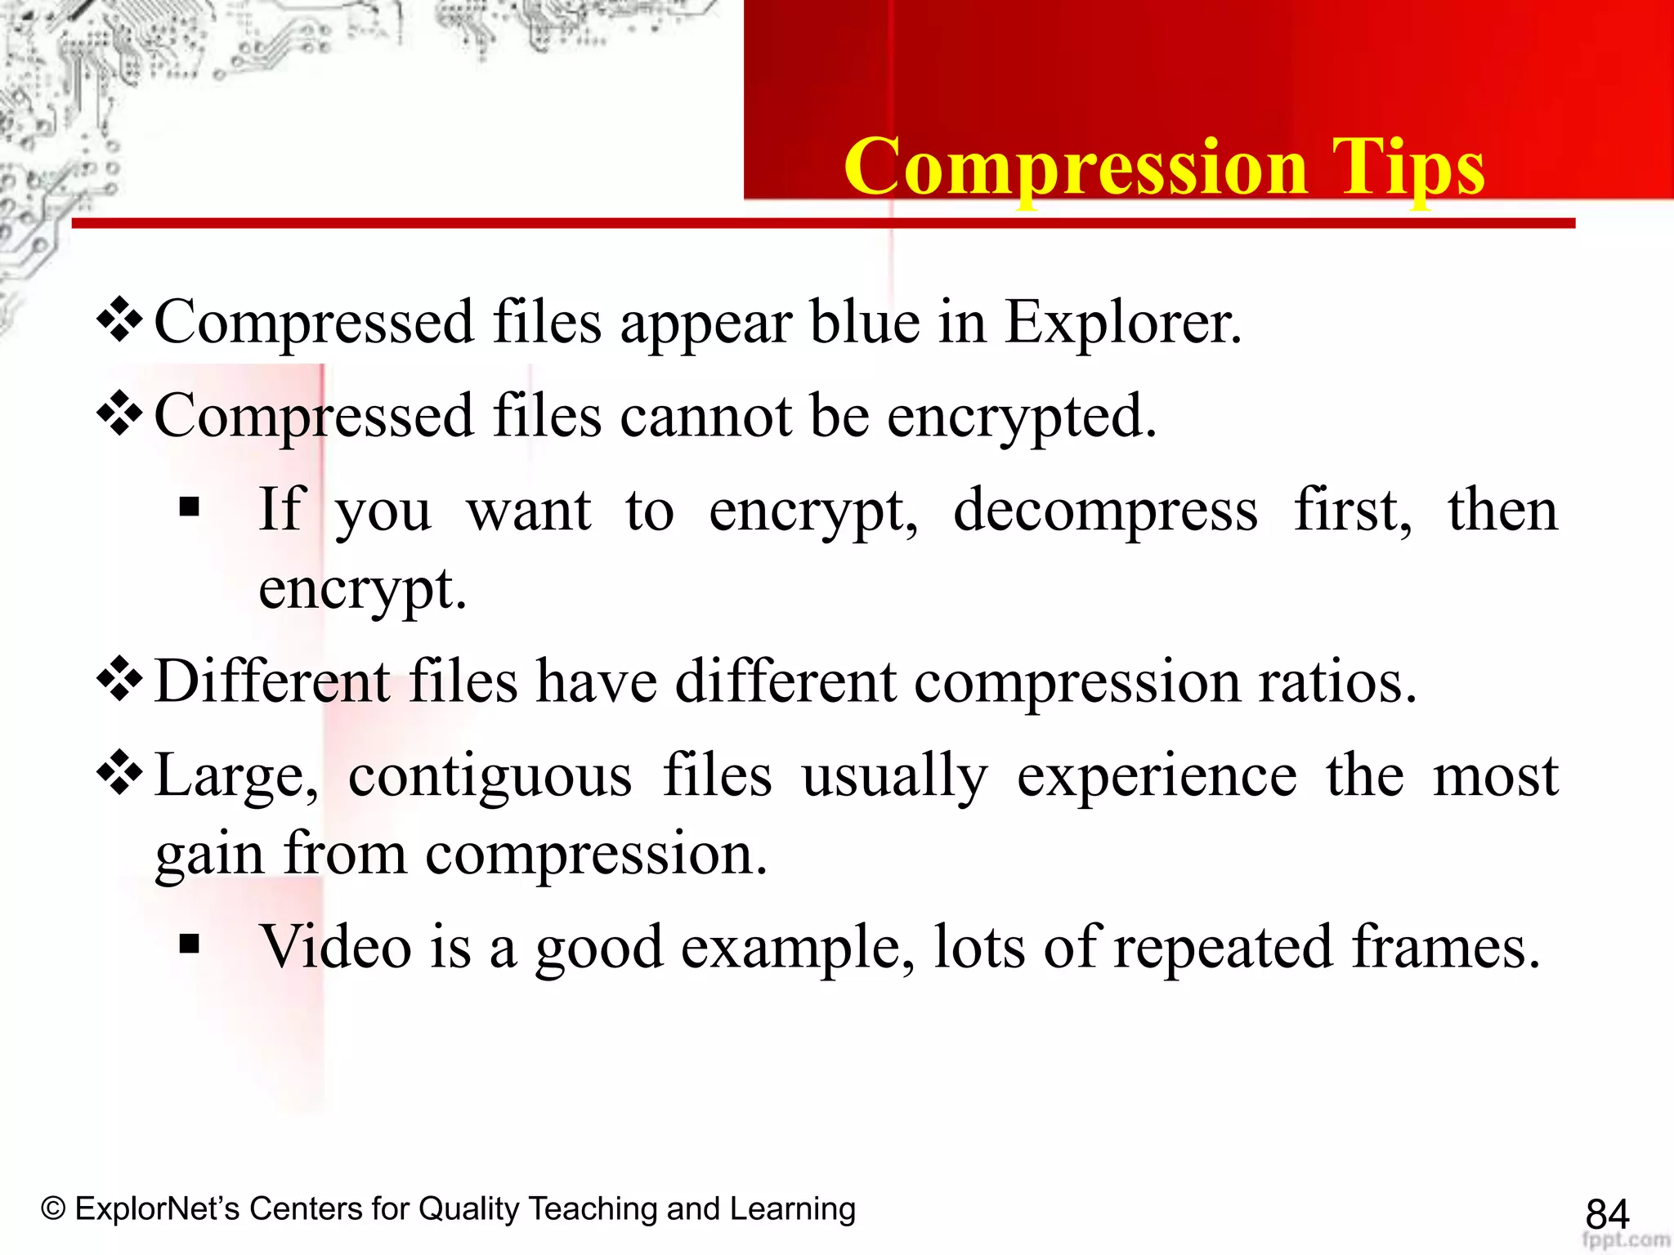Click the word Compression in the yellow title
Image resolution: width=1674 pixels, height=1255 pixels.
1076,167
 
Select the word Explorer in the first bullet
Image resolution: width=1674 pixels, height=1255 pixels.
1122,322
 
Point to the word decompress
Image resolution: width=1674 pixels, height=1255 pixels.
1105,511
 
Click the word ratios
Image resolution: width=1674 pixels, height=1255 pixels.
1336,681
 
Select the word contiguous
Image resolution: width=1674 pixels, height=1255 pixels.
490,775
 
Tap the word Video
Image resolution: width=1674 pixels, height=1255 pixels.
335,947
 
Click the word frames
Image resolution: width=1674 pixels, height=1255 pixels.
1445,947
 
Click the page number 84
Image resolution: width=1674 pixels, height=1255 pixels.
1607,1214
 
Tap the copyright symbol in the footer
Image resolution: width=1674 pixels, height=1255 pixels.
53,1208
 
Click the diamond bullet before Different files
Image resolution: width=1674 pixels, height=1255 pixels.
120,678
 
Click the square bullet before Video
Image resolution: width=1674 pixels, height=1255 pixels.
190,945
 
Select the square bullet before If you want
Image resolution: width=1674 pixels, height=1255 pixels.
190,508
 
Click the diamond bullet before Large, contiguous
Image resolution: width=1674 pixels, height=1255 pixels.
120,772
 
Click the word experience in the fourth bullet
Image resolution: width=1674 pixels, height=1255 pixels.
1156,775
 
